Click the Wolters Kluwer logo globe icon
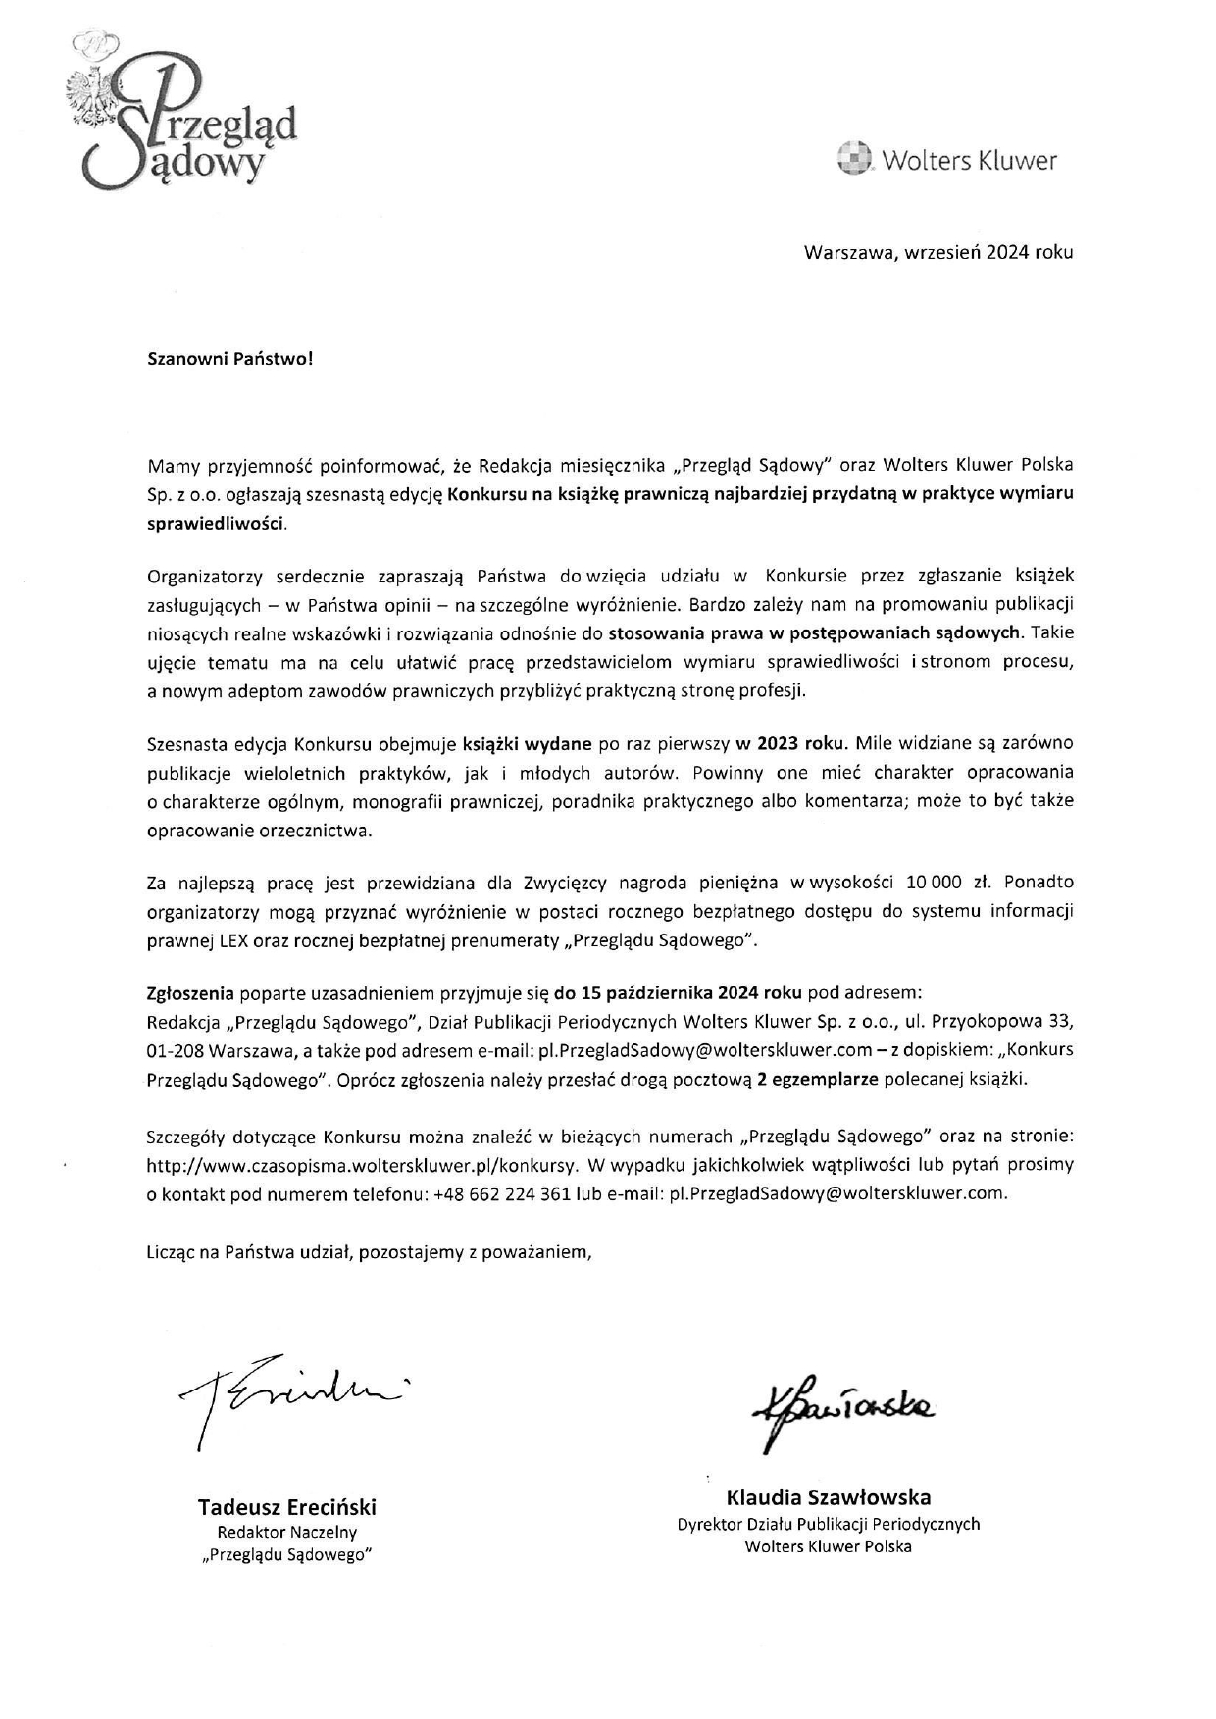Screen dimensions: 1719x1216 pyautogui.click(x=854, y=159)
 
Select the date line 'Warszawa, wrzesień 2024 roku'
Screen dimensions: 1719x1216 pyautogui.click(x=938, y=252)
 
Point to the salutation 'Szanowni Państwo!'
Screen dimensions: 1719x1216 pyautogui.click(x=230, y=358)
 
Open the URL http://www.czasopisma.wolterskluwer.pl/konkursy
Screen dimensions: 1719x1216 pyautogui.click(x=360, y=1165)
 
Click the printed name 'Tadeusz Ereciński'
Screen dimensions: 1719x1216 pyautogui.click(x=287, y=1507)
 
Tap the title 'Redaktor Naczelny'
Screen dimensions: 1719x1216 pyautogui.click(x=287, y=1532)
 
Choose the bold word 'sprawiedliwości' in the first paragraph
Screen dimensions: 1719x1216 pyautogui.click(x=216, y=523)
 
